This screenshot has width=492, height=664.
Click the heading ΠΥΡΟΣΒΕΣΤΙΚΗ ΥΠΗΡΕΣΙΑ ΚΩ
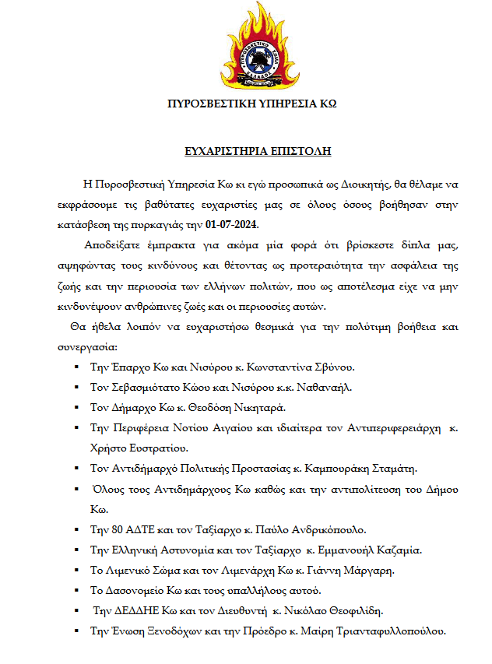[252, 104]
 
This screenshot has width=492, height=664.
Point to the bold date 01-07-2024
[231, 225]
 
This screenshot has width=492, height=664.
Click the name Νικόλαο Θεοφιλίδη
[346, 610]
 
